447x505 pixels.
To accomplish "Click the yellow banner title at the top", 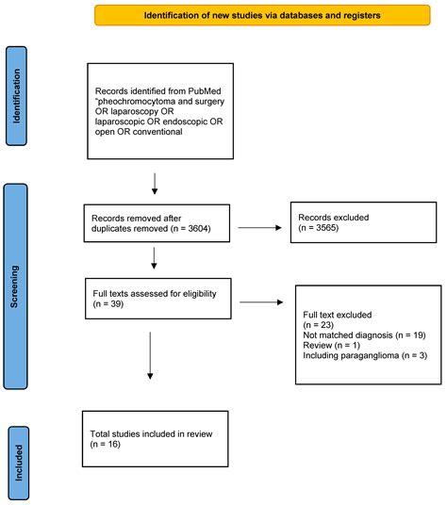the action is pos(262,15).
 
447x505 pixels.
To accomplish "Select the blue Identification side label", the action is pos(16,96).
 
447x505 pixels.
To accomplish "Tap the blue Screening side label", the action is pos(15,286).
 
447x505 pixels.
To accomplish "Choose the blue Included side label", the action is pos(19,464).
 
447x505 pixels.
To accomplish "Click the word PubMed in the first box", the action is pos(205,90).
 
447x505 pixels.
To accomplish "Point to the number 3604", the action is pos(198,228).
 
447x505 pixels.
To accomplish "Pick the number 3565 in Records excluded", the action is pos(326,228).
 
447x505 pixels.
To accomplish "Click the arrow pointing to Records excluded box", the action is pos(259,228).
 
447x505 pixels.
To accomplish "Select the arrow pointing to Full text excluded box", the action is pos(261,302).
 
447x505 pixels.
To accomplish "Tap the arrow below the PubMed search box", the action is pos(155,184).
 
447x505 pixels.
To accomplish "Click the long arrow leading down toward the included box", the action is pos(150,355).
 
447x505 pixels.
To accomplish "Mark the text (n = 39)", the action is pos(108,303).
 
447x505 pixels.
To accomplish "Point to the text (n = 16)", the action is pos(105,444).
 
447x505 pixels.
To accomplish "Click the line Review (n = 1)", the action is pos(331,345).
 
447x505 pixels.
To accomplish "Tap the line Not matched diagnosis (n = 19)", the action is pos(364,335).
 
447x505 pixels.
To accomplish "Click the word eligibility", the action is pos(200,294).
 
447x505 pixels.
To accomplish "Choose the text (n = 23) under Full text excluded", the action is pos(318,325).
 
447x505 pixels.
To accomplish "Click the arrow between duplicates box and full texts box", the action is pos(154,258).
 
